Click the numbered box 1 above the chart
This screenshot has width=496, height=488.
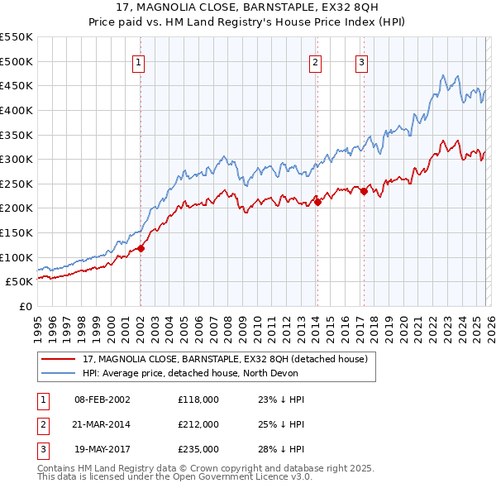click(139, 61)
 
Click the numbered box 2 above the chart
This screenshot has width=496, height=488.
click(316, 61)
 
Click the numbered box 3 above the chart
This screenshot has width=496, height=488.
click(362, 61)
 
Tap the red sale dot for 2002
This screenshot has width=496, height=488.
click(141, 247)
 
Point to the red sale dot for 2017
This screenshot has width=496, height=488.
click(364, 191)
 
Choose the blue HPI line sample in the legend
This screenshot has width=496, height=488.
click(58, 373)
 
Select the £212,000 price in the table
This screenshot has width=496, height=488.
click(198, 424)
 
